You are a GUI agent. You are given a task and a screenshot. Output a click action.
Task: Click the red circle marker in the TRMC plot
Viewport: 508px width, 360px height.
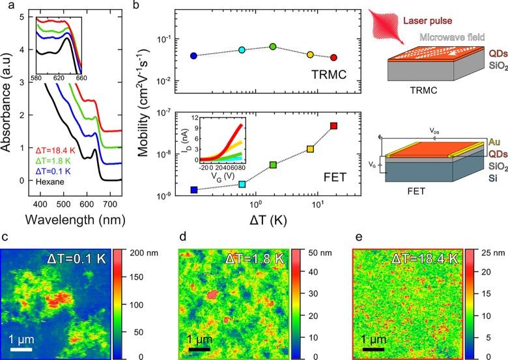tap(334, 57)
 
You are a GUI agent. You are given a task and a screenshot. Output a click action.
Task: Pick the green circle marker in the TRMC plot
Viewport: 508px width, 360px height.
tap(273, 46)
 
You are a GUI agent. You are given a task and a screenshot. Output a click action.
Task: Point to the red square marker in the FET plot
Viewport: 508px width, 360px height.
tap(334, 126)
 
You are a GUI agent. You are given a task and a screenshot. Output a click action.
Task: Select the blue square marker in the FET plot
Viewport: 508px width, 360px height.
tap(193, 189)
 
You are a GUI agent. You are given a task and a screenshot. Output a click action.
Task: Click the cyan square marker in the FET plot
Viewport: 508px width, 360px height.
tap(242, 184)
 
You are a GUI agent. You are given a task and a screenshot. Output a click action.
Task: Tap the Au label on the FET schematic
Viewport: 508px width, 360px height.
tap(494, 141)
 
